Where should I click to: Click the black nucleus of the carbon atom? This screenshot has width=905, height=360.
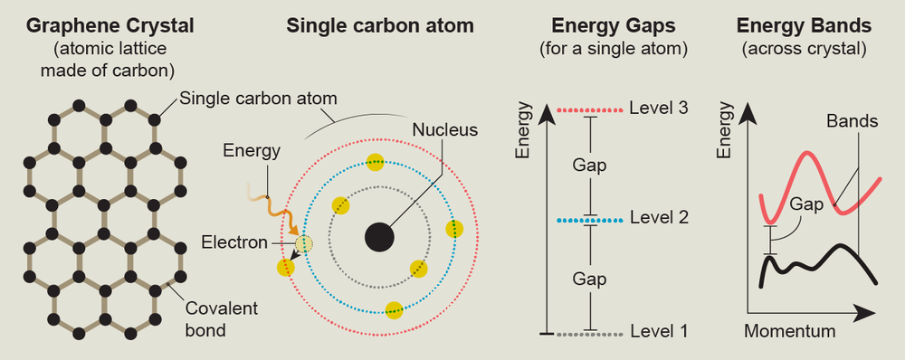click(x=379, y=238)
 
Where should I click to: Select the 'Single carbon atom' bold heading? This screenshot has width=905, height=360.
click(x=369, y=25)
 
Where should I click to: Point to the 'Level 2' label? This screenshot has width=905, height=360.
click(x=659, y=218)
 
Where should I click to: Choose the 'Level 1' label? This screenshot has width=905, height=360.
click(x=659, y=332)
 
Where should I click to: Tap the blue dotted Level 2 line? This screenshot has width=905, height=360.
click(x=590, y=219)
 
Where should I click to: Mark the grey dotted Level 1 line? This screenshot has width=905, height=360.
click(x=590, y=334)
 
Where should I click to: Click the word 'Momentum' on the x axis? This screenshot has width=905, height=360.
click(x=789, y=331)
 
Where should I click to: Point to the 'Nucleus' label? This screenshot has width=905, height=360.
click(x=444, y=129)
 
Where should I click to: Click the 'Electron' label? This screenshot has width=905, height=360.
click(x=234, y=242)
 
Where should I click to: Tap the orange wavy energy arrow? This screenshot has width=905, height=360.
click(x=272, y=204)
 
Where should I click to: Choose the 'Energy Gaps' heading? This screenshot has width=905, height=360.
click(x=613, y=25)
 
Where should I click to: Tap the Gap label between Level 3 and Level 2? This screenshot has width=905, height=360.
click(x=590, y=166)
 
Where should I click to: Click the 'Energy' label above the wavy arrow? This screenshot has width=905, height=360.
click(x=251, y=149)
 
